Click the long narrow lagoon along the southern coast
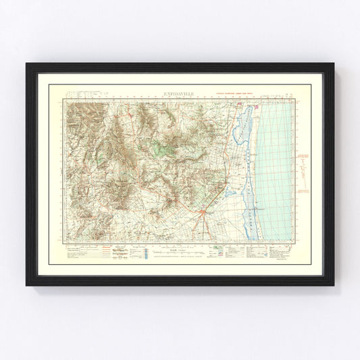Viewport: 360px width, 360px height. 253,203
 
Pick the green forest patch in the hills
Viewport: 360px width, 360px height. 163,148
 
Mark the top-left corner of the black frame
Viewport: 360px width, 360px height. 27,64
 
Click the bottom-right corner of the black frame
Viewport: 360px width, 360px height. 333,284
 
